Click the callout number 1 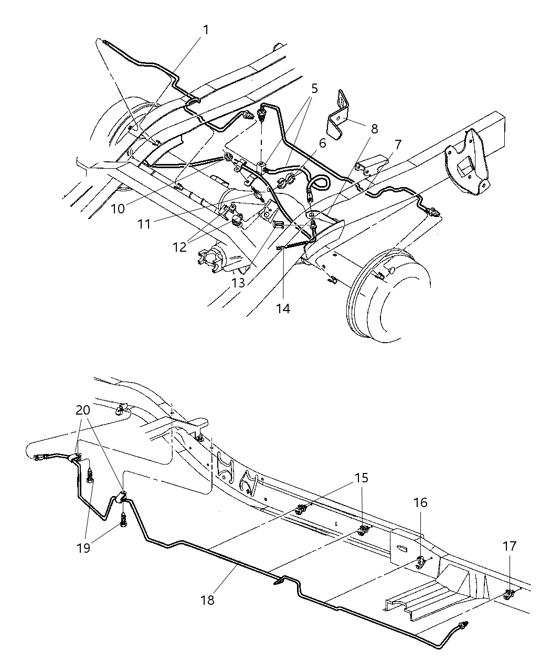coord(206,30)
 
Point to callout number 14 coord(283,308)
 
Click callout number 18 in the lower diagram coord(207,600)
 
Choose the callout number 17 coord(509,547)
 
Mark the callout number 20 coord(82,410)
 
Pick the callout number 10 coord(118,208)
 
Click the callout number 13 coord(239,283)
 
